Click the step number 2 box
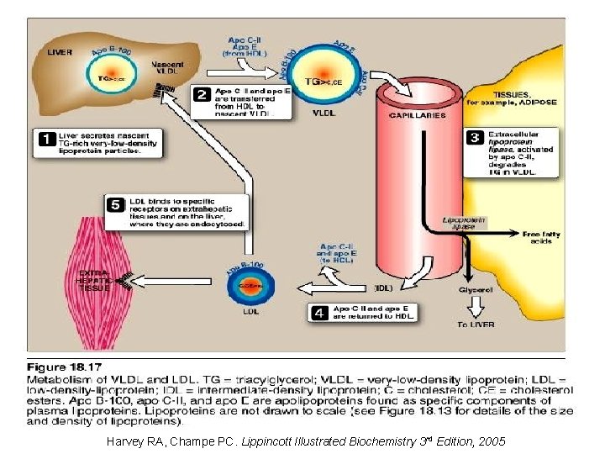(203, 94)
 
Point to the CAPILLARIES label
(417, 115)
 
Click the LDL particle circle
(251, 287)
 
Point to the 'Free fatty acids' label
(541, 237)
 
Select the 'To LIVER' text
(476, 324)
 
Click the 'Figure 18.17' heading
(65, 367)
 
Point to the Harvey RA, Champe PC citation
(307, 441)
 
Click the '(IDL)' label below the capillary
(383, 288)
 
